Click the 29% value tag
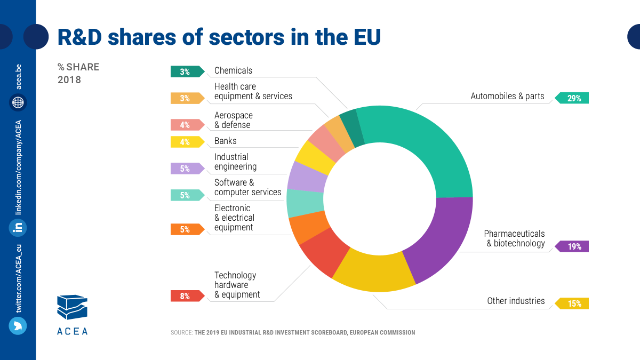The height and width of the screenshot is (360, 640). click(573, 98)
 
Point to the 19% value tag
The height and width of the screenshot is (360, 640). click(573, 246)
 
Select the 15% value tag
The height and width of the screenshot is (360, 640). click(573, 303)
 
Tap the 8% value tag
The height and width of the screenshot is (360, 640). click(186, 296)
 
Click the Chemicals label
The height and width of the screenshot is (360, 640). click(233, 70)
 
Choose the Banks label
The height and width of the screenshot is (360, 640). click(225, 141)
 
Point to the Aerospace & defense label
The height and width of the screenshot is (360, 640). click(233, 120)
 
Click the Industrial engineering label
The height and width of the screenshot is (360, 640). click(235, 162)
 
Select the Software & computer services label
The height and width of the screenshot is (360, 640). click(247, 187)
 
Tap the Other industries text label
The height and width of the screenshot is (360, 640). click(516, 301)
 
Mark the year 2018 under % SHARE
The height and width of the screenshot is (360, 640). click(69, 80)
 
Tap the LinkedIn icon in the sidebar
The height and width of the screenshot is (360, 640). click(18, 228)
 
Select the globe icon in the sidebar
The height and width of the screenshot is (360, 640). click(18, 102)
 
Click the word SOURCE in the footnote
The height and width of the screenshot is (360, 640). click(181, 333)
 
